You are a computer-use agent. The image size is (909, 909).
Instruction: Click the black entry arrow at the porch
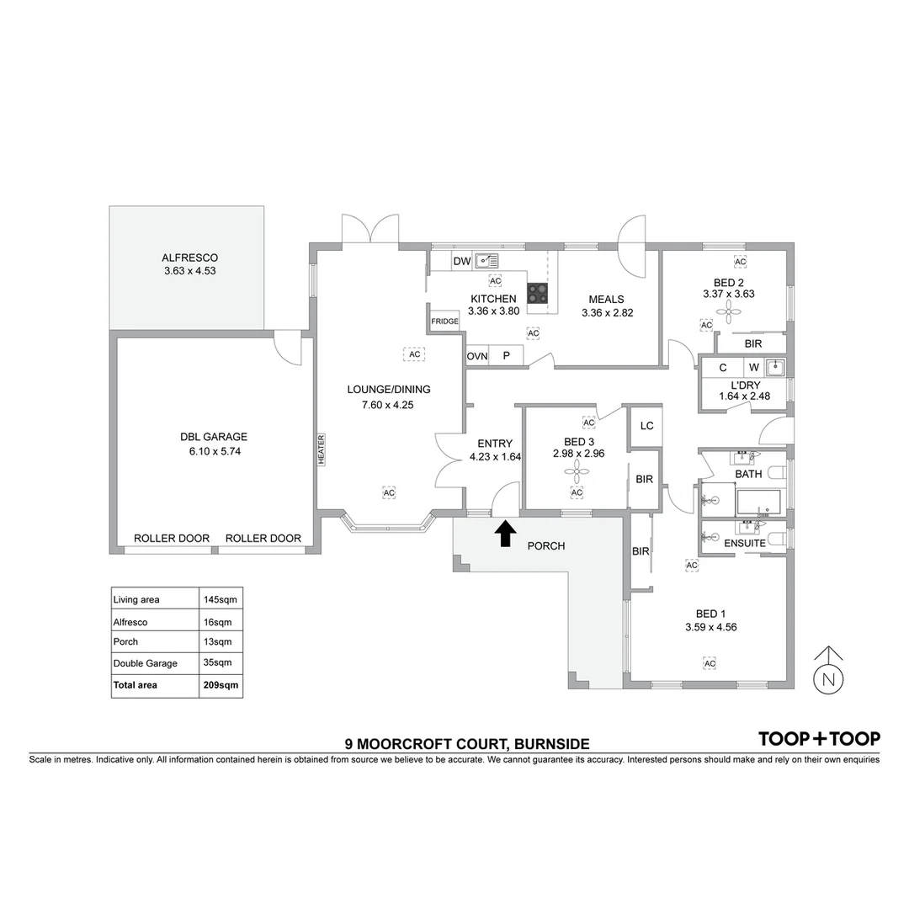point(505,534)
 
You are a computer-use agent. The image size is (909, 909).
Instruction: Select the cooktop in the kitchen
point(538,293)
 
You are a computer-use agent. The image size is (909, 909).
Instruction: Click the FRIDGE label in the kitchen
point(444,322)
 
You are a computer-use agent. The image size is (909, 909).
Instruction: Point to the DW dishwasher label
point(462,262)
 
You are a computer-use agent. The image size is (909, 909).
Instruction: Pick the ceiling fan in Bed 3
point(577,472)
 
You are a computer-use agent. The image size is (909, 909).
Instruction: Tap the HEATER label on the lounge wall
point(322,449)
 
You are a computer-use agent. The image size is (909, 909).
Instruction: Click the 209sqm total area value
point(221,685)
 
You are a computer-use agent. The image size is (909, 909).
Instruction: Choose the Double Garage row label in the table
point(146,663)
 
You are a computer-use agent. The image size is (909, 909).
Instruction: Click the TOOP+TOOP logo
point(819,739)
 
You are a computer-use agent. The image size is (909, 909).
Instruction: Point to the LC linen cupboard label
point(646,426)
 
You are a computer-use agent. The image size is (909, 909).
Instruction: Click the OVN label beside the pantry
point(477,357)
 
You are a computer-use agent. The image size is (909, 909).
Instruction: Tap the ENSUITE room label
point(745,544)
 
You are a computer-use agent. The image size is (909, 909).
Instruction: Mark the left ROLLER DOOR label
point(172,539)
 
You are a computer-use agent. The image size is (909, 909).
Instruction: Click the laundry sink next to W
point(775,367)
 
